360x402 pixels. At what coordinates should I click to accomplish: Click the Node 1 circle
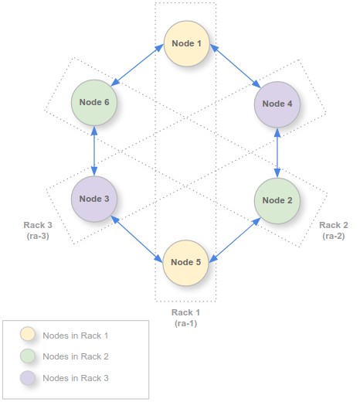pyautogui.click(x=186, y=43)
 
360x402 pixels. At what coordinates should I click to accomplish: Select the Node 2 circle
pyautogui.click(x=277, y=200)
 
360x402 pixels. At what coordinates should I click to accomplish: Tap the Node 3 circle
pyautogui.click(x=94, y=199)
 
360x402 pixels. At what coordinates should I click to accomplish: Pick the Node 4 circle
pyautogui.click(x=277, y=104)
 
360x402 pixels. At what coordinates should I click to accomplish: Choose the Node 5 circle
pyautogui.click(x=185, y=263)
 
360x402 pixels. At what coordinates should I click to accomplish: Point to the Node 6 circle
pyautogui.click(x=94, y=103)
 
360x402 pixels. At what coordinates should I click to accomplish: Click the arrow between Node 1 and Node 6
pyautogui.click(x=138, y=65)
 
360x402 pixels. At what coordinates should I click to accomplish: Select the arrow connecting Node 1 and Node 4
pyautogui.click(x=236, y=66)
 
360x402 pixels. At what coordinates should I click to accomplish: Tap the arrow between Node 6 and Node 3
pyautogui.click(x=94, y=151)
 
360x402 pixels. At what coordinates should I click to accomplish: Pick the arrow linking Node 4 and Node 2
pyautogui.click(x=277, y=153)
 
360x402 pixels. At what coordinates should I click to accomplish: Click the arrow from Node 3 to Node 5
pyautogui.click(x=137, y=239)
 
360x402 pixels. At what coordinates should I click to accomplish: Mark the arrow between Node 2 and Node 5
pyautogui.click(x=235, y=240)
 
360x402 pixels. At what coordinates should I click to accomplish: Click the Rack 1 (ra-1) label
pyautogui.click(x=185, y=318)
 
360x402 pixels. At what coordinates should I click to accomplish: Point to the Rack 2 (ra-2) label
pyautogui.click(x=334, y=230)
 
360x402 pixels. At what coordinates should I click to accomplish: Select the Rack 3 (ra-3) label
pyautogui.click(x=38, y=230)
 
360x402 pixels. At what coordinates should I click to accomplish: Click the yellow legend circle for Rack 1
pyautogui.click(x=28, y=334)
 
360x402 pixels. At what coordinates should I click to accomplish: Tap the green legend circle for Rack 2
pyautogui.click(x=28, y=356)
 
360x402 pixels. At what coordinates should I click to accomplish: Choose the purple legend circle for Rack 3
pyautogui.click(x=28, y=378)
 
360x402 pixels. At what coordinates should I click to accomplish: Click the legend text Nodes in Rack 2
pyautogui.click(x=76, y=356)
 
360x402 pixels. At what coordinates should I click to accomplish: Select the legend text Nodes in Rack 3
pyautogui.click(x=76, y=378)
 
